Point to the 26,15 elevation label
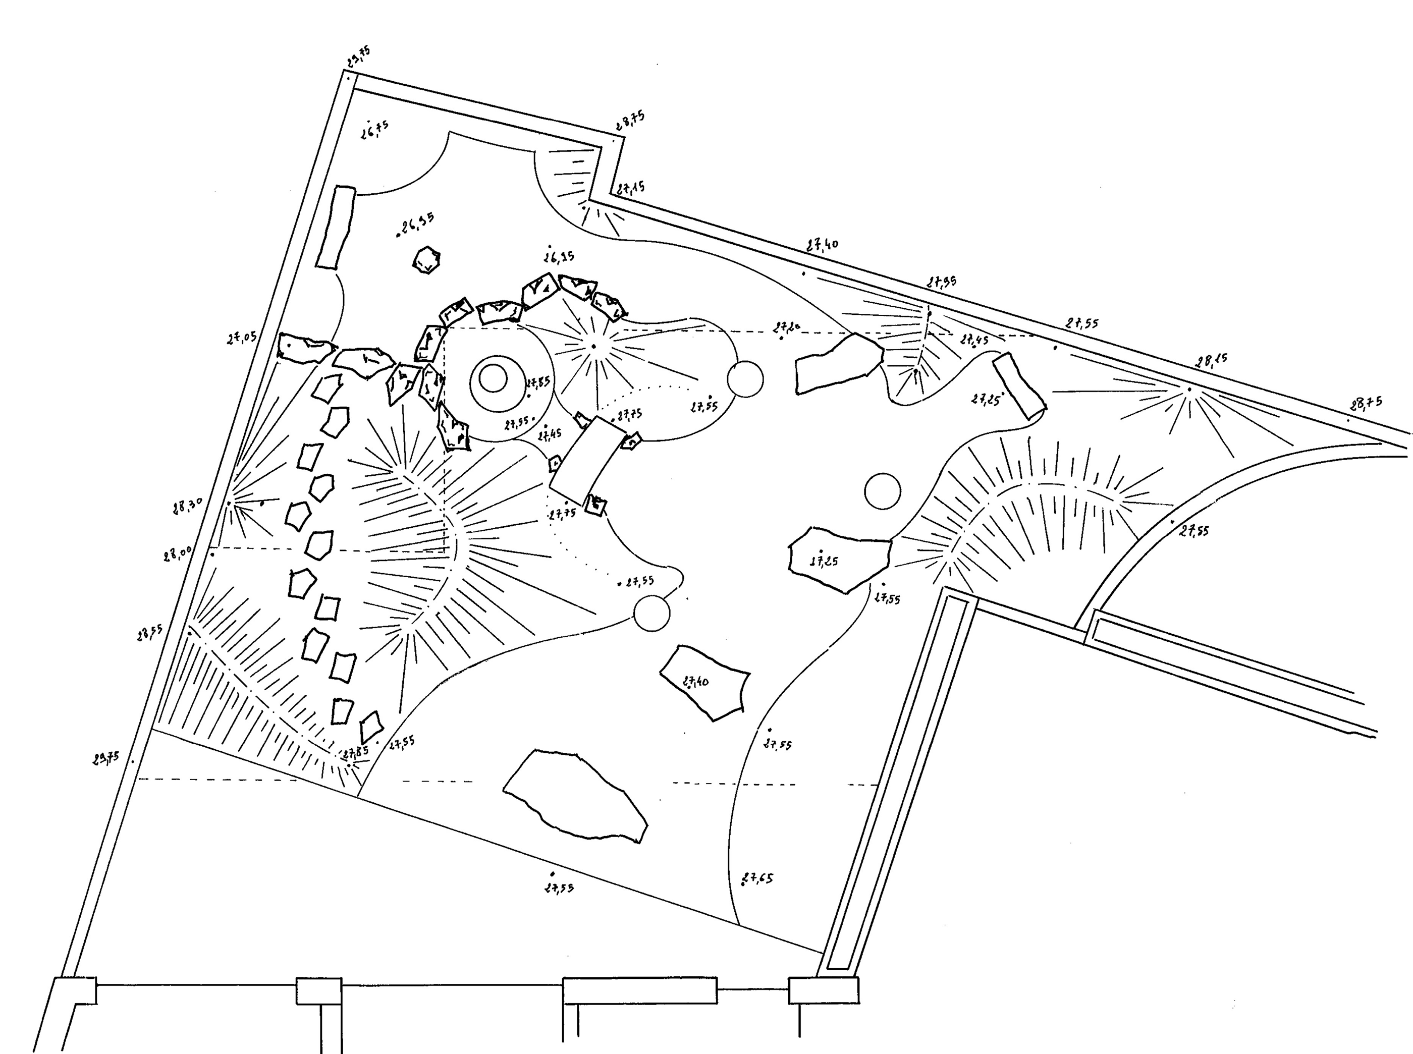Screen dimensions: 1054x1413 pos(559,256)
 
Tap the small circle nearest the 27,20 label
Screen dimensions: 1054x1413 pos(745,379)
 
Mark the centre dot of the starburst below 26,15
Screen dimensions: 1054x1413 pos(593,347)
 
